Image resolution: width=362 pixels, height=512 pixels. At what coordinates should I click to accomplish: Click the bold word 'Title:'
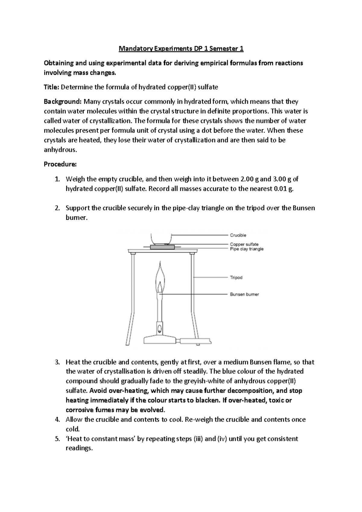(x=52, y=87)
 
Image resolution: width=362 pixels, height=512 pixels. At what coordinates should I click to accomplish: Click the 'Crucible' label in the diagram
(x=238, y=235)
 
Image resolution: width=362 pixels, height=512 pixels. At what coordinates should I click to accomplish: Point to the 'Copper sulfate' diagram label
(x=244, y=244)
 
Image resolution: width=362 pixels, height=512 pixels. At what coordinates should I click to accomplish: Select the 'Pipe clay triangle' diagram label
(x=247, y=249)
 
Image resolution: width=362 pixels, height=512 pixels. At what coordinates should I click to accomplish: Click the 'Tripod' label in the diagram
(x=236, y=277)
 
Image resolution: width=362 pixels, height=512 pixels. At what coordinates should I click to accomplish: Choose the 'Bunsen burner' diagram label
(x=244, y=294)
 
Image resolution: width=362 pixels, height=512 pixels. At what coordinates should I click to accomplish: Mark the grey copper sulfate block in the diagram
(x=163, y=247)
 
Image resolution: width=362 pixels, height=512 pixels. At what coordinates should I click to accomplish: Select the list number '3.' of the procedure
(x=58, y=362)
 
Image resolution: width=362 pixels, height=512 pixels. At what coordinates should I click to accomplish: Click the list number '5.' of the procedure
(x=58, y=439)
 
